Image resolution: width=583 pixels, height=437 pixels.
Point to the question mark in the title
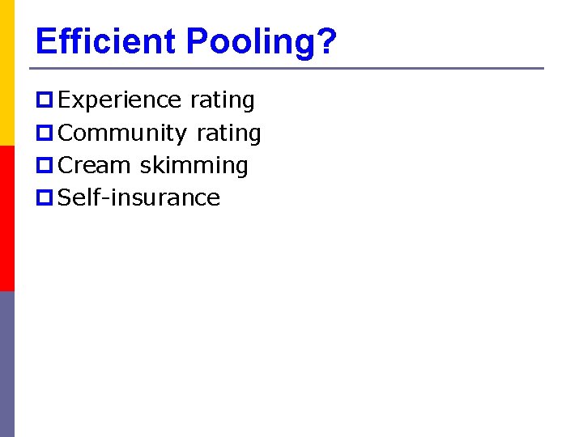(326, 41)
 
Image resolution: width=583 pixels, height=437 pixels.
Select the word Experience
(121, 100)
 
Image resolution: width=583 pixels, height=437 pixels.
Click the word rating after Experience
(222, 100)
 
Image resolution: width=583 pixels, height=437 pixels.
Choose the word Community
(124, 133)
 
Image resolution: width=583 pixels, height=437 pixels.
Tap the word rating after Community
(228, 133)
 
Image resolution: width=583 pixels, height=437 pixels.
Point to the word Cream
(95, 165)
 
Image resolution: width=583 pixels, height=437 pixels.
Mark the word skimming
(194, 166)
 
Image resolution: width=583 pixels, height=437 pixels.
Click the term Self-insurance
(139, 197)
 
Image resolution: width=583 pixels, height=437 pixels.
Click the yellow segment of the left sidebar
(7, 73)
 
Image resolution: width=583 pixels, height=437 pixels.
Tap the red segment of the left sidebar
(7, 218)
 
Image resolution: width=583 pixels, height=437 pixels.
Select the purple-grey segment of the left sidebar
(7, 364)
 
